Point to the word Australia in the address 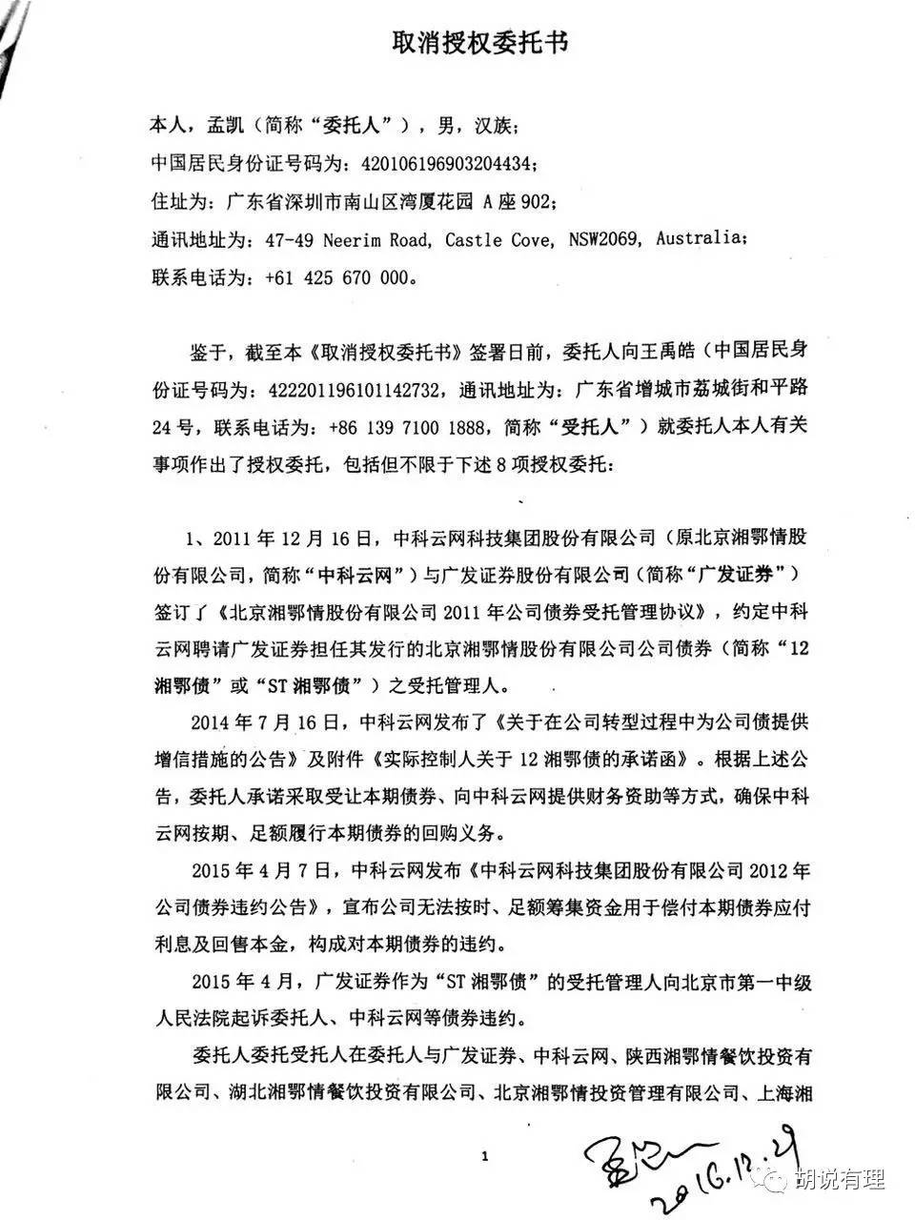point(700,238)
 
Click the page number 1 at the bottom point(485,1157)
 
